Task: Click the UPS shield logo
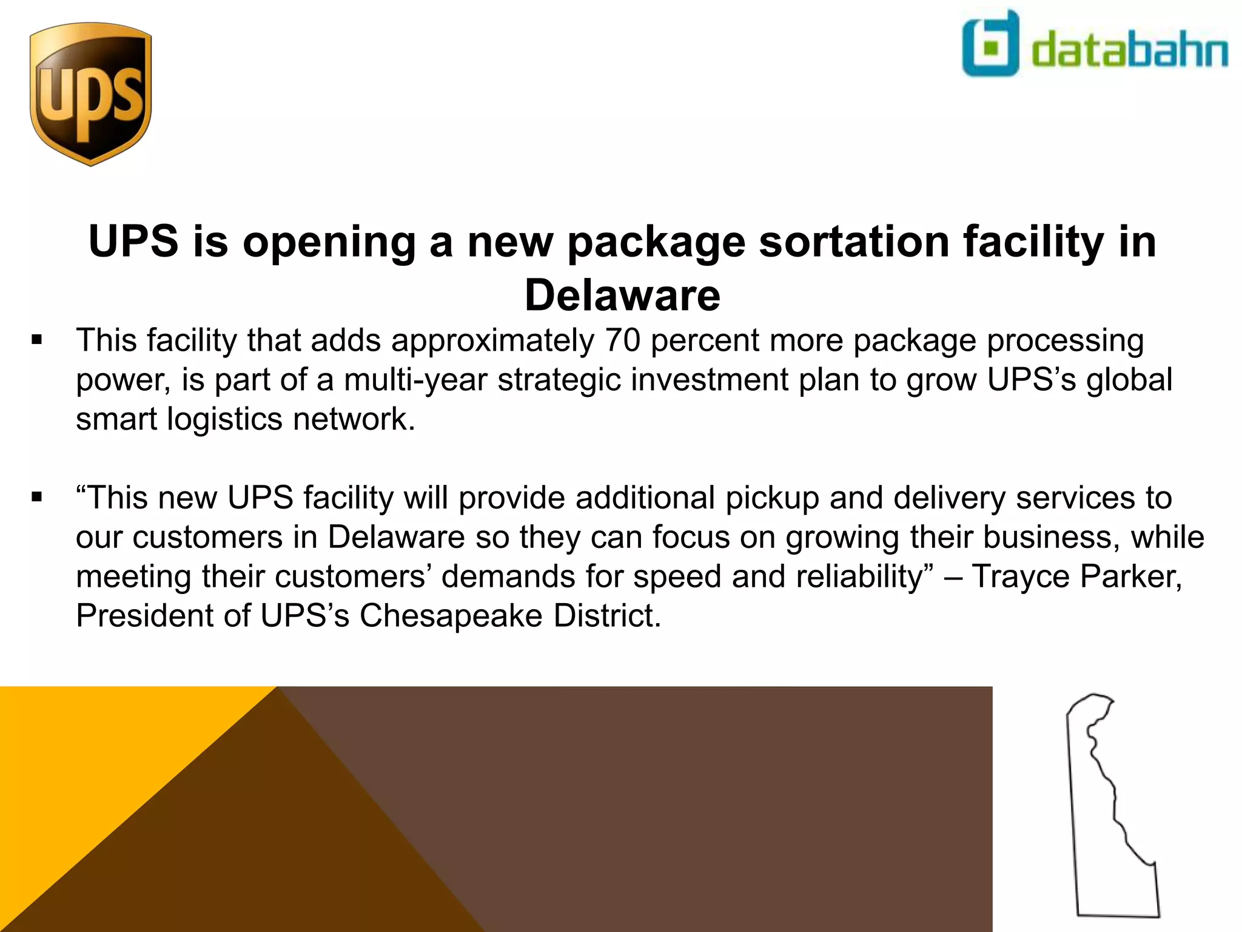pos(91,94)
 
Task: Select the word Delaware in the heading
pos(622,295)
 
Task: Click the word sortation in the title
pos(854,241)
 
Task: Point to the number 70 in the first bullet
pos(622,340)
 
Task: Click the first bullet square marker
pos(38,340)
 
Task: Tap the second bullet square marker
pos(38,498)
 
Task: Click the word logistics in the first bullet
pos(224,419)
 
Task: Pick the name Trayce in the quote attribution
pos(1021,576)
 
